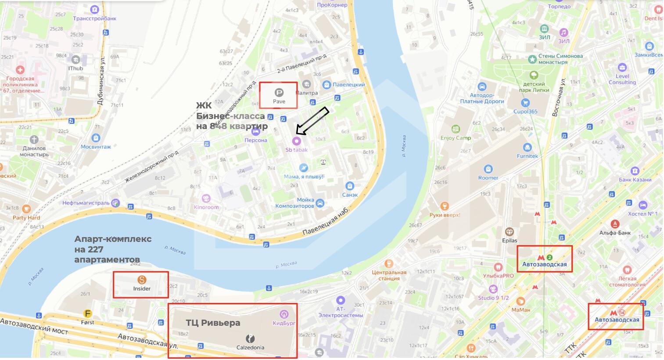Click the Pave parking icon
pos(279,92)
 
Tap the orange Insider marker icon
pos(141,280)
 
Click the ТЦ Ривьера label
pos(213,323)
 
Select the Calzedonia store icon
pos(250,338)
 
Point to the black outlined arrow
pos(312,121)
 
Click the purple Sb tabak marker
pos(297,141)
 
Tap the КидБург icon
pos(284,314)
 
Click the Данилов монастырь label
pos(34,151)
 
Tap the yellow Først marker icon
pos(88,313)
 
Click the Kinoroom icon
pos(206,198)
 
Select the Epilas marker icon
pos(509,231)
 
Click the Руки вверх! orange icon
pos(445,206)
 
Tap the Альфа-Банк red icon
pos(615,224)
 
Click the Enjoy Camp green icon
pos(456,129)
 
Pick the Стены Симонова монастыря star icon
pos(532,59)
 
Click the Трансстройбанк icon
pos(94,9)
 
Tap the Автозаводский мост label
pos(34,326)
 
